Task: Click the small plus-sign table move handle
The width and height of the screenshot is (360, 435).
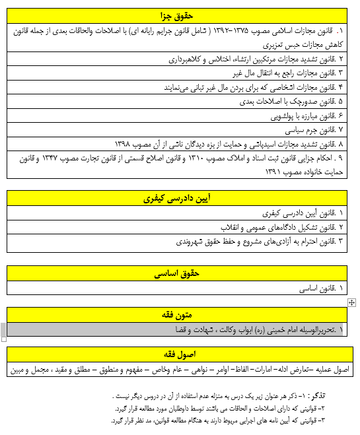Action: (x=351, y=302)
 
